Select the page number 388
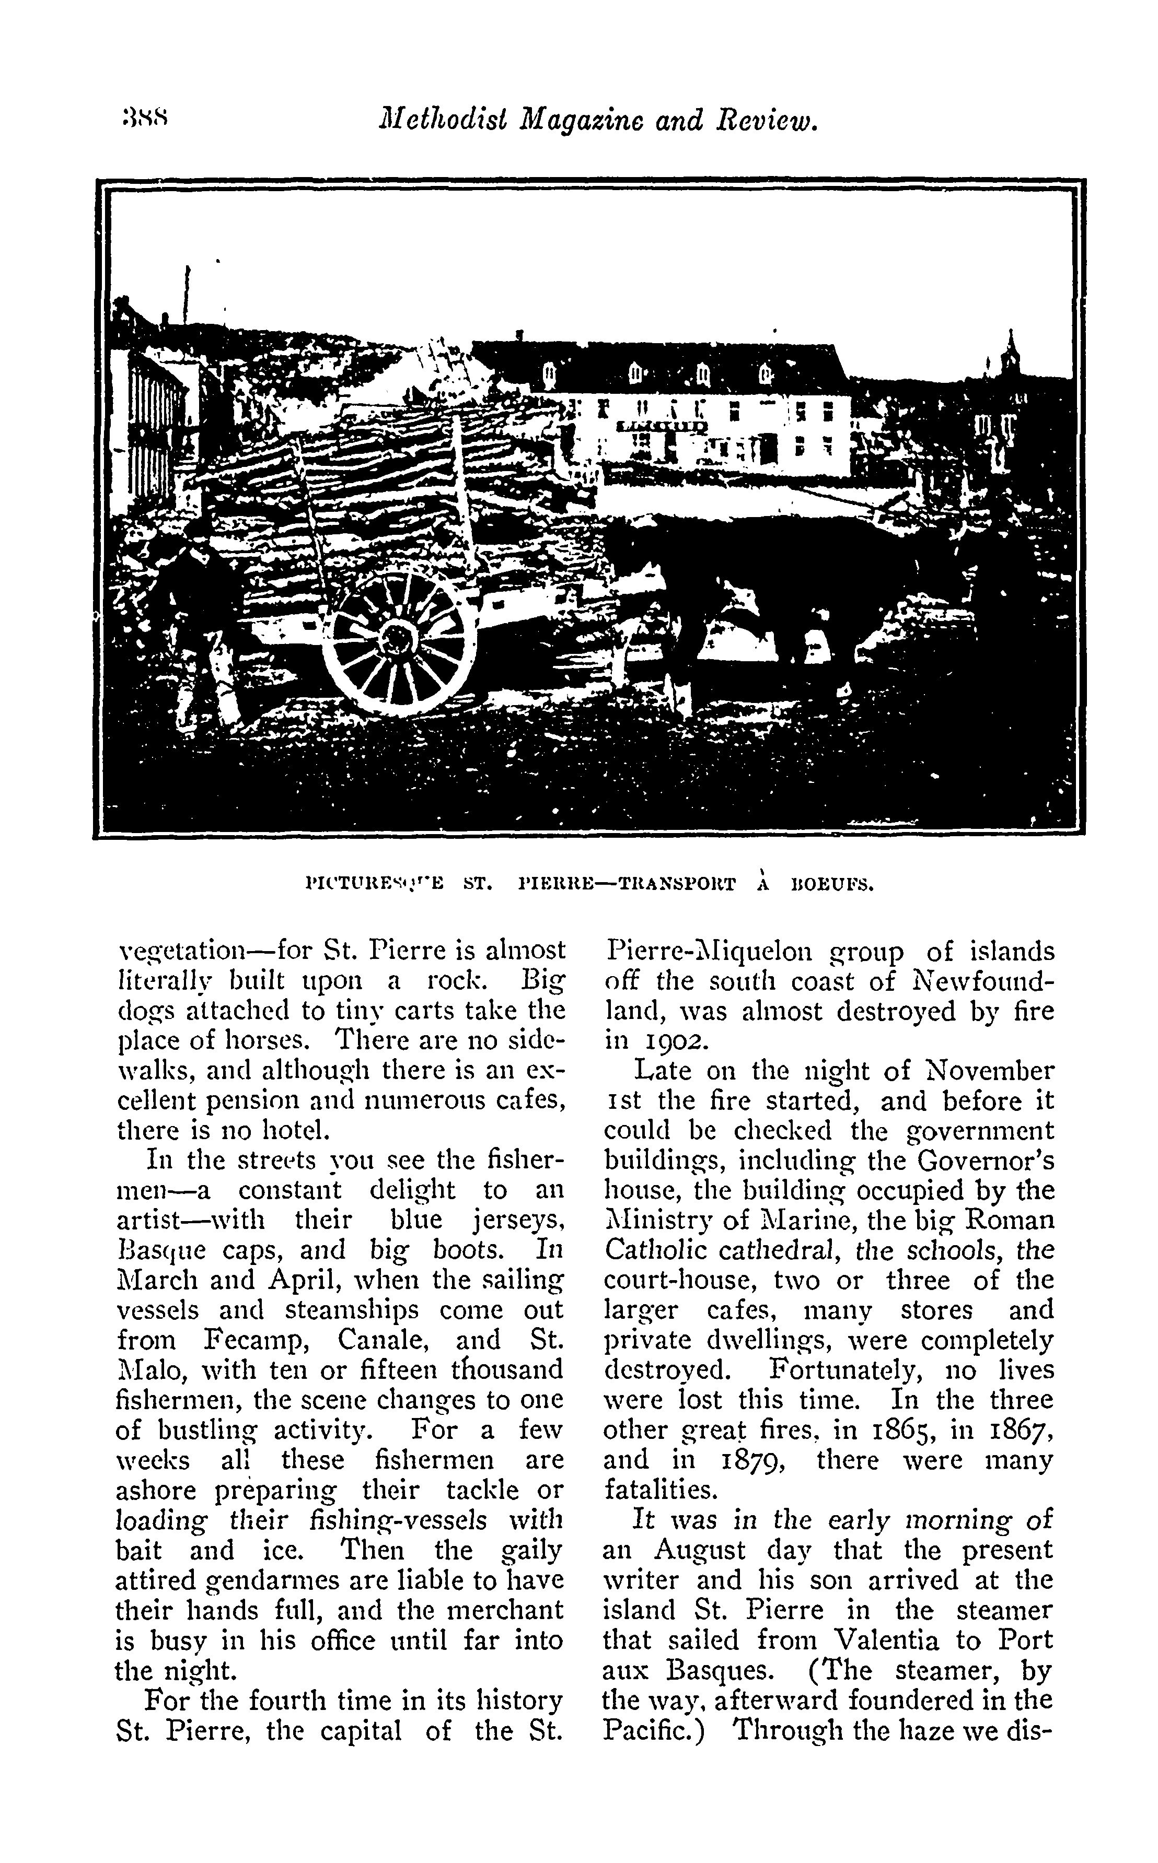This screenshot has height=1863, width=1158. (x=145, y=120)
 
